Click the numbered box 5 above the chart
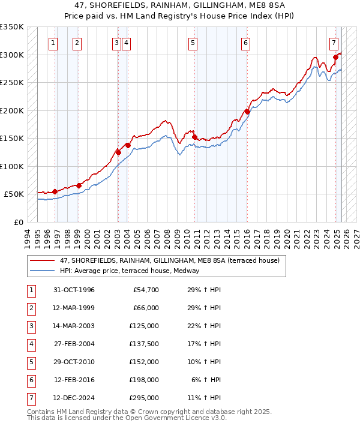(193, 43)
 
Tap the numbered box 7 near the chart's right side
(334, 43)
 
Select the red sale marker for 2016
(247, 112)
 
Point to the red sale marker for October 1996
(55, 191)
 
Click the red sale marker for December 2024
(335, 58)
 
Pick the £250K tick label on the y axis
(12, 83)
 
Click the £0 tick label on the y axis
(18, 223)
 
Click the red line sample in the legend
(42, 261)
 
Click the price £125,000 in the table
(145, 326)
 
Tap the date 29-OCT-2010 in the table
(74, 362)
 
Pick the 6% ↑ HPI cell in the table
(206, 380)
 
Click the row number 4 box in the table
(30, 344)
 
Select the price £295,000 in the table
(145, 398)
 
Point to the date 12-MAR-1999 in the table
(74, 308)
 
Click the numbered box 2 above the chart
(77, 43)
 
